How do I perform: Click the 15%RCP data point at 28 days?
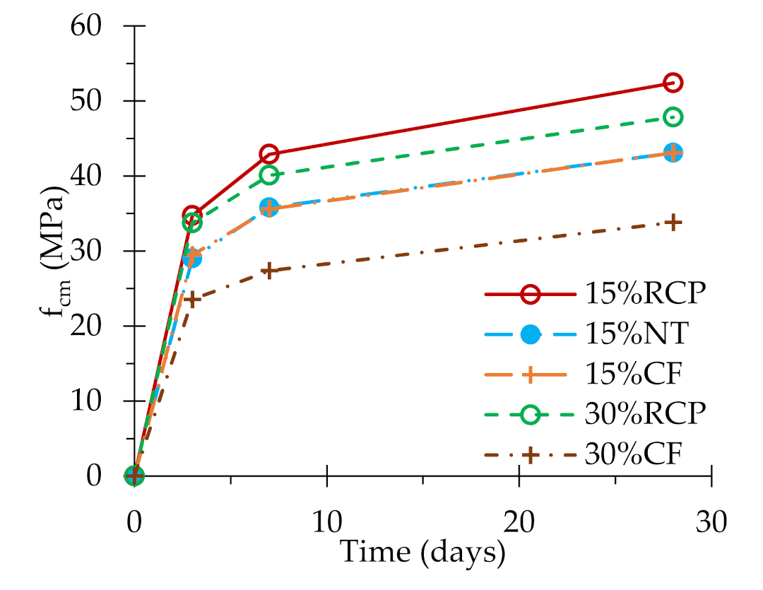point(673,83)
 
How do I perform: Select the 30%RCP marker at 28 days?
point(673,117)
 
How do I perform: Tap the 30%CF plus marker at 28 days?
point(673,223)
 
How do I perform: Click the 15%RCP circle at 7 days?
point(269,154)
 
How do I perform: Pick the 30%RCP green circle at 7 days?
point(269,175)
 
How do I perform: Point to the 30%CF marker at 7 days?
point(269,271)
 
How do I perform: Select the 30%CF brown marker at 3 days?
point(192,299)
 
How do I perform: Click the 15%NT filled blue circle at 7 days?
point(269,207)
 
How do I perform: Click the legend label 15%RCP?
point(645,293)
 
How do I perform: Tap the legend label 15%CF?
point(633,374)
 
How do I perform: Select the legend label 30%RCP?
point(645,414)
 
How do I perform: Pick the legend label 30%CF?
point(633,454)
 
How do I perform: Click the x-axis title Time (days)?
point(422,552)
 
